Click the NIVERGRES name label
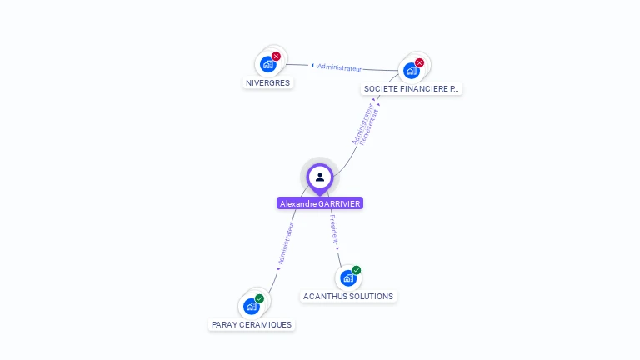(x=267, y=83)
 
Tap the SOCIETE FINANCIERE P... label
(x=411, y=88)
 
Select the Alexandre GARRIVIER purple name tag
(x=320, y=203)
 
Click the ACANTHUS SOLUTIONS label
(x=348, y=296)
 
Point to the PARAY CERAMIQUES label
(x=252, y=324)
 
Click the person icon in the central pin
(x=320, y=177)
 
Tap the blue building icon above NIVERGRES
(x=267, y=64)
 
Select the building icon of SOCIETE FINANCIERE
(x=411, y=70)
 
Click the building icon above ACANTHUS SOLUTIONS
(x=347, y=277)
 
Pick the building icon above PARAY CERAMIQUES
(x=251, y=306)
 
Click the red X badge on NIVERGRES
(x=277, y=57)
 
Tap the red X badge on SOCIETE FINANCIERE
(x=419, y=62)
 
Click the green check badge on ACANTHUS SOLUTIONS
(x=357, y=270)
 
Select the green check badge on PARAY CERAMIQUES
(x=259, y=298)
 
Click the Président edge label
(x=333, y=228)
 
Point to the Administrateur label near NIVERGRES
(x=340, y=67)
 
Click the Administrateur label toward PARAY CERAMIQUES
(x=286, y=243)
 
